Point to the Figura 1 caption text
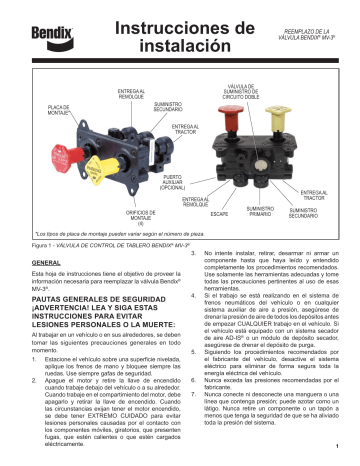point(94,243)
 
